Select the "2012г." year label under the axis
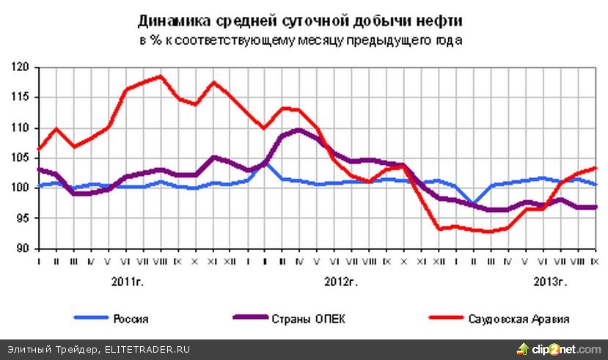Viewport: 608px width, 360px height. pyautogui.click(x=340, y=282)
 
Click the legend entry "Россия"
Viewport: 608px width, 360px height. pyautogui.click(x=131, y=318)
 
